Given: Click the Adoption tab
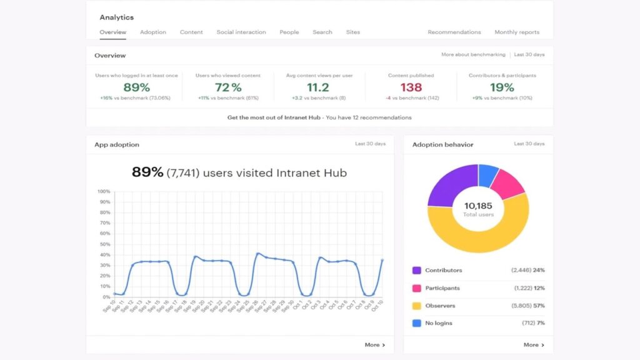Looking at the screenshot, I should (153, 32).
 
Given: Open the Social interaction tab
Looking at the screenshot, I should (241, 32).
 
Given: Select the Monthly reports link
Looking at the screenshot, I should (517, 32).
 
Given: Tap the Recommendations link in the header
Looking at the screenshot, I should (454, 32).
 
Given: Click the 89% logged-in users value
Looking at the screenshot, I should (136, 87).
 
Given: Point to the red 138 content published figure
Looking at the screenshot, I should (411, 87).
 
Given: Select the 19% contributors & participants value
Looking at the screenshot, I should (502, 87).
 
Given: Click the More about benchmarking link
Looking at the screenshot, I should (473, 55).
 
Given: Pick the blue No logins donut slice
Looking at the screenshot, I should (487, 174).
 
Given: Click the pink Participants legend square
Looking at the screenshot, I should (416, 288).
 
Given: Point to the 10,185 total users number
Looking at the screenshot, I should (478, 206).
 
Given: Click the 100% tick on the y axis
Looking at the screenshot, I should (104, 191).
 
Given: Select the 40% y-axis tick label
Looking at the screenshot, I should (105, 254).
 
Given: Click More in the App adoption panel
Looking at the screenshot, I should (375, 345).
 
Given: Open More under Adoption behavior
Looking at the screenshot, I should (534, 345).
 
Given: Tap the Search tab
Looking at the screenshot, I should (322, 32).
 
